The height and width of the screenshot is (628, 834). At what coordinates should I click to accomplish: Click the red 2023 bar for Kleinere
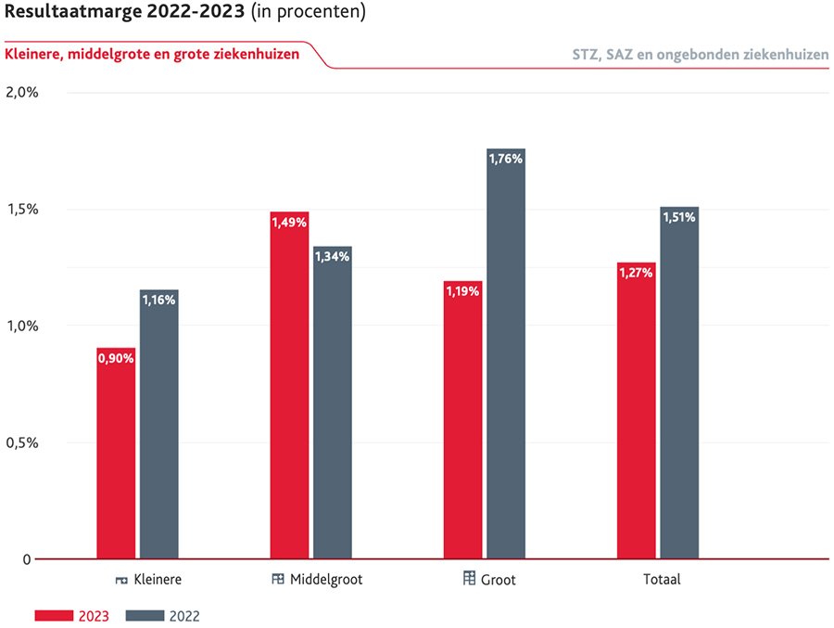coord(116,454)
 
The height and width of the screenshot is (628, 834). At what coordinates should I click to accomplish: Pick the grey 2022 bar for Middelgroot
coord(332,403)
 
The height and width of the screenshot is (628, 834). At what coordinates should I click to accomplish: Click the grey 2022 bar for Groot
coord(506,353)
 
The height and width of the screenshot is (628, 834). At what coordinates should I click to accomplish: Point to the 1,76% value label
coord(506,159)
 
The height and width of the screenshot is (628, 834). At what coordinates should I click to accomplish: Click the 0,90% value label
coord(116,358)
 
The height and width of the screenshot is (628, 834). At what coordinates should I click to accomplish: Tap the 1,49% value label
coord(289,222)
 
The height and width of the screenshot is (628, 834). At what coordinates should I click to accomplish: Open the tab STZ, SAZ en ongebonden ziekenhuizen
coord(700,54)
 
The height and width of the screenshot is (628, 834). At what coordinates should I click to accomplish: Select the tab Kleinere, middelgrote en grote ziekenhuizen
coord(152,54)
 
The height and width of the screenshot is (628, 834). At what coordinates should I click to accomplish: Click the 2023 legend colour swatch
coord(55,615)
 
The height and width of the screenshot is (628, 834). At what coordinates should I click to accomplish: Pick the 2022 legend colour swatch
coord(145,615)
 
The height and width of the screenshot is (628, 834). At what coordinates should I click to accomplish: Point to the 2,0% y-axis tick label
coord(21,93)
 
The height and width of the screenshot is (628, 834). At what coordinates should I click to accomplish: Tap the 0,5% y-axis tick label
coord(21,442)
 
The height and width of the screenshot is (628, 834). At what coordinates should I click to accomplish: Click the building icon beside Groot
coord(469,580)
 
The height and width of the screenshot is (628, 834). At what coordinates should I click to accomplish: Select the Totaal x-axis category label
coord(662,580)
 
